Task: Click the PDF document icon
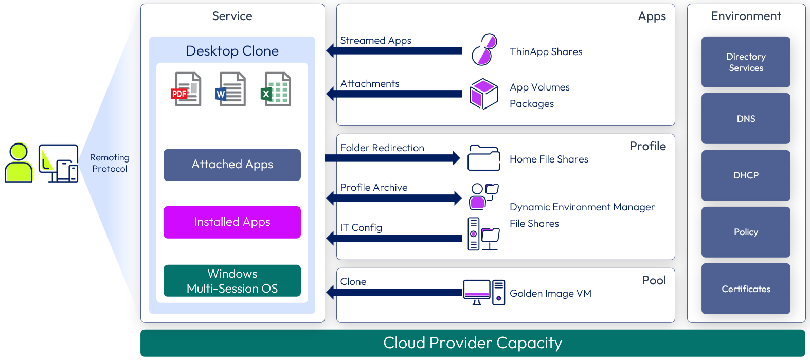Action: pos(186,89)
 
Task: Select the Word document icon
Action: pos(231,89)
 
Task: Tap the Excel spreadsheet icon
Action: pos(277,89)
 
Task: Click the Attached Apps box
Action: pos(232,165)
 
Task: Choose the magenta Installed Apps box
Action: pos(232,222)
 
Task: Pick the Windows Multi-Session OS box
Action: pos(232,281)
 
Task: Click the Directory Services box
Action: pos(746,62)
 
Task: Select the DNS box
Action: pos(746,118)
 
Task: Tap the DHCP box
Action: pos(746,175)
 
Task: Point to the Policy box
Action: pos(746,232)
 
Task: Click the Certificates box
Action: pos(746,289)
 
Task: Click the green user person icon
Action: pos(19,163)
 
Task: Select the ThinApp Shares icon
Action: pos(484,50)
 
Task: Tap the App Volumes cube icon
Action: pos(484,94)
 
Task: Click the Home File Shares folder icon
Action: pos(483,158)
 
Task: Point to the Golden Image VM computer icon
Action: pos(484,293)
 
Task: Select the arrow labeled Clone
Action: pos(394,292)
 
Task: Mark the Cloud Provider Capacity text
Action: pos(473,343)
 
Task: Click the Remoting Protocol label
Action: pos(110,163)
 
